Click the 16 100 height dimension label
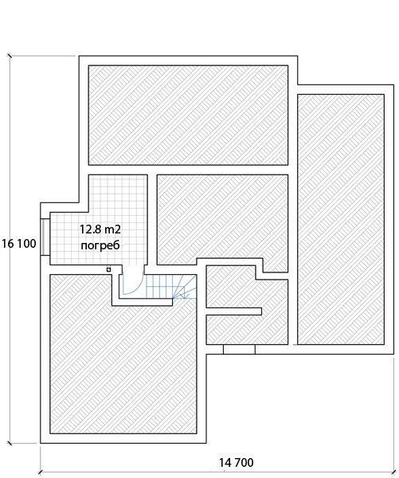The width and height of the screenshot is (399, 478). (19, 244)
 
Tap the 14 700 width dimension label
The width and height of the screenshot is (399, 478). (237, 462)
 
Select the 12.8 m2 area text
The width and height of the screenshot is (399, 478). (100, 229)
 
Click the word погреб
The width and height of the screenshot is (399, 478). (100, 245)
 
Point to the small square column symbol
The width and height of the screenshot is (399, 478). (108, 269)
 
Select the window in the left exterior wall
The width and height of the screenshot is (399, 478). (45, 237)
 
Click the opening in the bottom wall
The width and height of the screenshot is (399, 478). (239, 350)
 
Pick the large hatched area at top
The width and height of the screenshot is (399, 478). (188, 116)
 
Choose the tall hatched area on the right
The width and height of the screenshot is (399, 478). (341, 220)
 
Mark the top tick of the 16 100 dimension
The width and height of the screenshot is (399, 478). (10, 56)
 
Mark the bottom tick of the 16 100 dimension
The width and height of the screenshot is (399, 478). (10, 443)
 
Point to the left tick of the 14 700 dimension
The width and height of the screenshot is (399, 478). (41, 472)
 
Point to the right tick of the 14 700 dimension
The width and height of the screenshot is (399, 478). (393, 472)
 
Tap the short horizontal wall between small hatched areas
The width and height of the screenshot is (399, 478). (234, 311)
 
